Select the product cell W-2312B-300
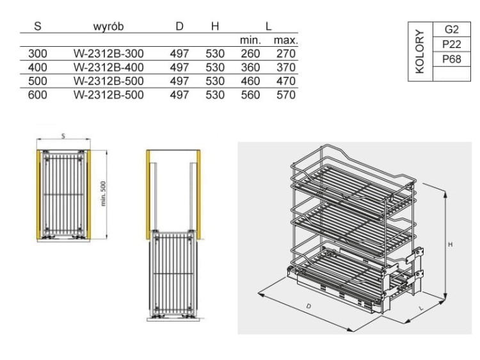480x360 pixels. (108, 54)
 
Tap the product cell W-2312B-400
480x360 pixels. (108, 67)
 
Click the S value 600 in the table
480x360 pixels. (38, 95)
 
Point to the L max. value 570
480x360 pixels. (285, 95)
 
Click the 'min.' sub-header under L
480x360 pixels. (250, 40)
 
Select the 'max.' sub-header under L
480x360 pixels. (285, 40)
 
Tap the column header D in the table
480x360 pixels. (180, 26)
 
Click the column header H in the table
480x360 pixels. (215, 26)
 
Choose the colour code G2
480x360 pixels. (451, 30)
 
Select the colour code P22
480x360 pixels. (451, 44)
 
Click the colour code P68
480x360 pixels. (451, 59)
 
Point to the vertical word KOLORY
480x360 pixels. (420, 52)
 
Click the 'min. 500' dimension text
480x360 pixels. (102, 193)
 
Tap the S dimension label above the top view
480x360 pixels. (63, 135)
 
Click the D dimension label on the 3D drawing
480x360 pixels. (308, 307)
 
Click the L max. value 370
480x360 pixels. (285, 67)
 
